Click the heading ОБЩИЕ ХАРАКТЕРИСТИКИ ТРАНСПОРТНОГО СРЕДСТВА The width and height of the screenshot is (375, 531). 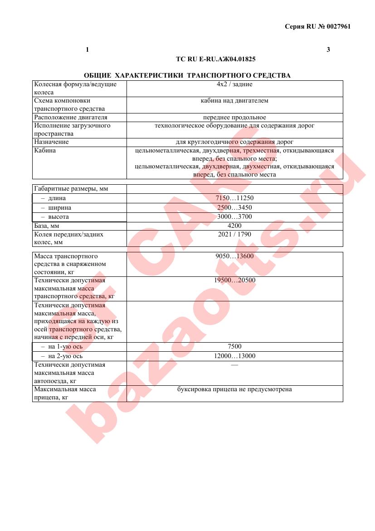187,75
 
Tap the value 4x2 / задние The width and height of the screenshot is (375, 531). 234,84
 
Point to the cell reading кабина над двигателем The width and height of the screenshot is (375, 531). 234,101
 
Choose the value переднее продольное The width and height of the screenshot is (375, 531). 234,118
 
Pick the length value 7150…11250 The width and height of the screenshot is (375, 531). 234,198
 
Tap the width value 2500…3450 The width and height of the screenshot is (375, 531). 234,208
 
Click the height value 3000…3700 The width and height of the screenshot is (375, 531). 234,217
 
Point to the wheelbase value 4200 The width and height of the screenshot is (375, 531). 234,226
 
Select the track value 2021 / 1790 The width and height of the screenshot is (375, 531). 234,235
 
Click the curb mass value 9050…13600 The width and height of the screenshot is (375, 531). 234,256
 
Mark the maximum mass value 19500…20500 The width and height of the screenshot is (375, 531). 234,280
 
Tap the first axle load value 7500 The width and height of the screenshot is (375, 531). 234,347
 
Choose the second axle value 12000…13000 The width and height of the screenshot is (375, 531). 234,356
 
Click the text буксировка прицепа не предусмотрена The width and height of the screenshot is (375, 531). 234,389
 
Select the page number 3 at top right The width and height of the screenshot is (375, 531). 328,49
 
